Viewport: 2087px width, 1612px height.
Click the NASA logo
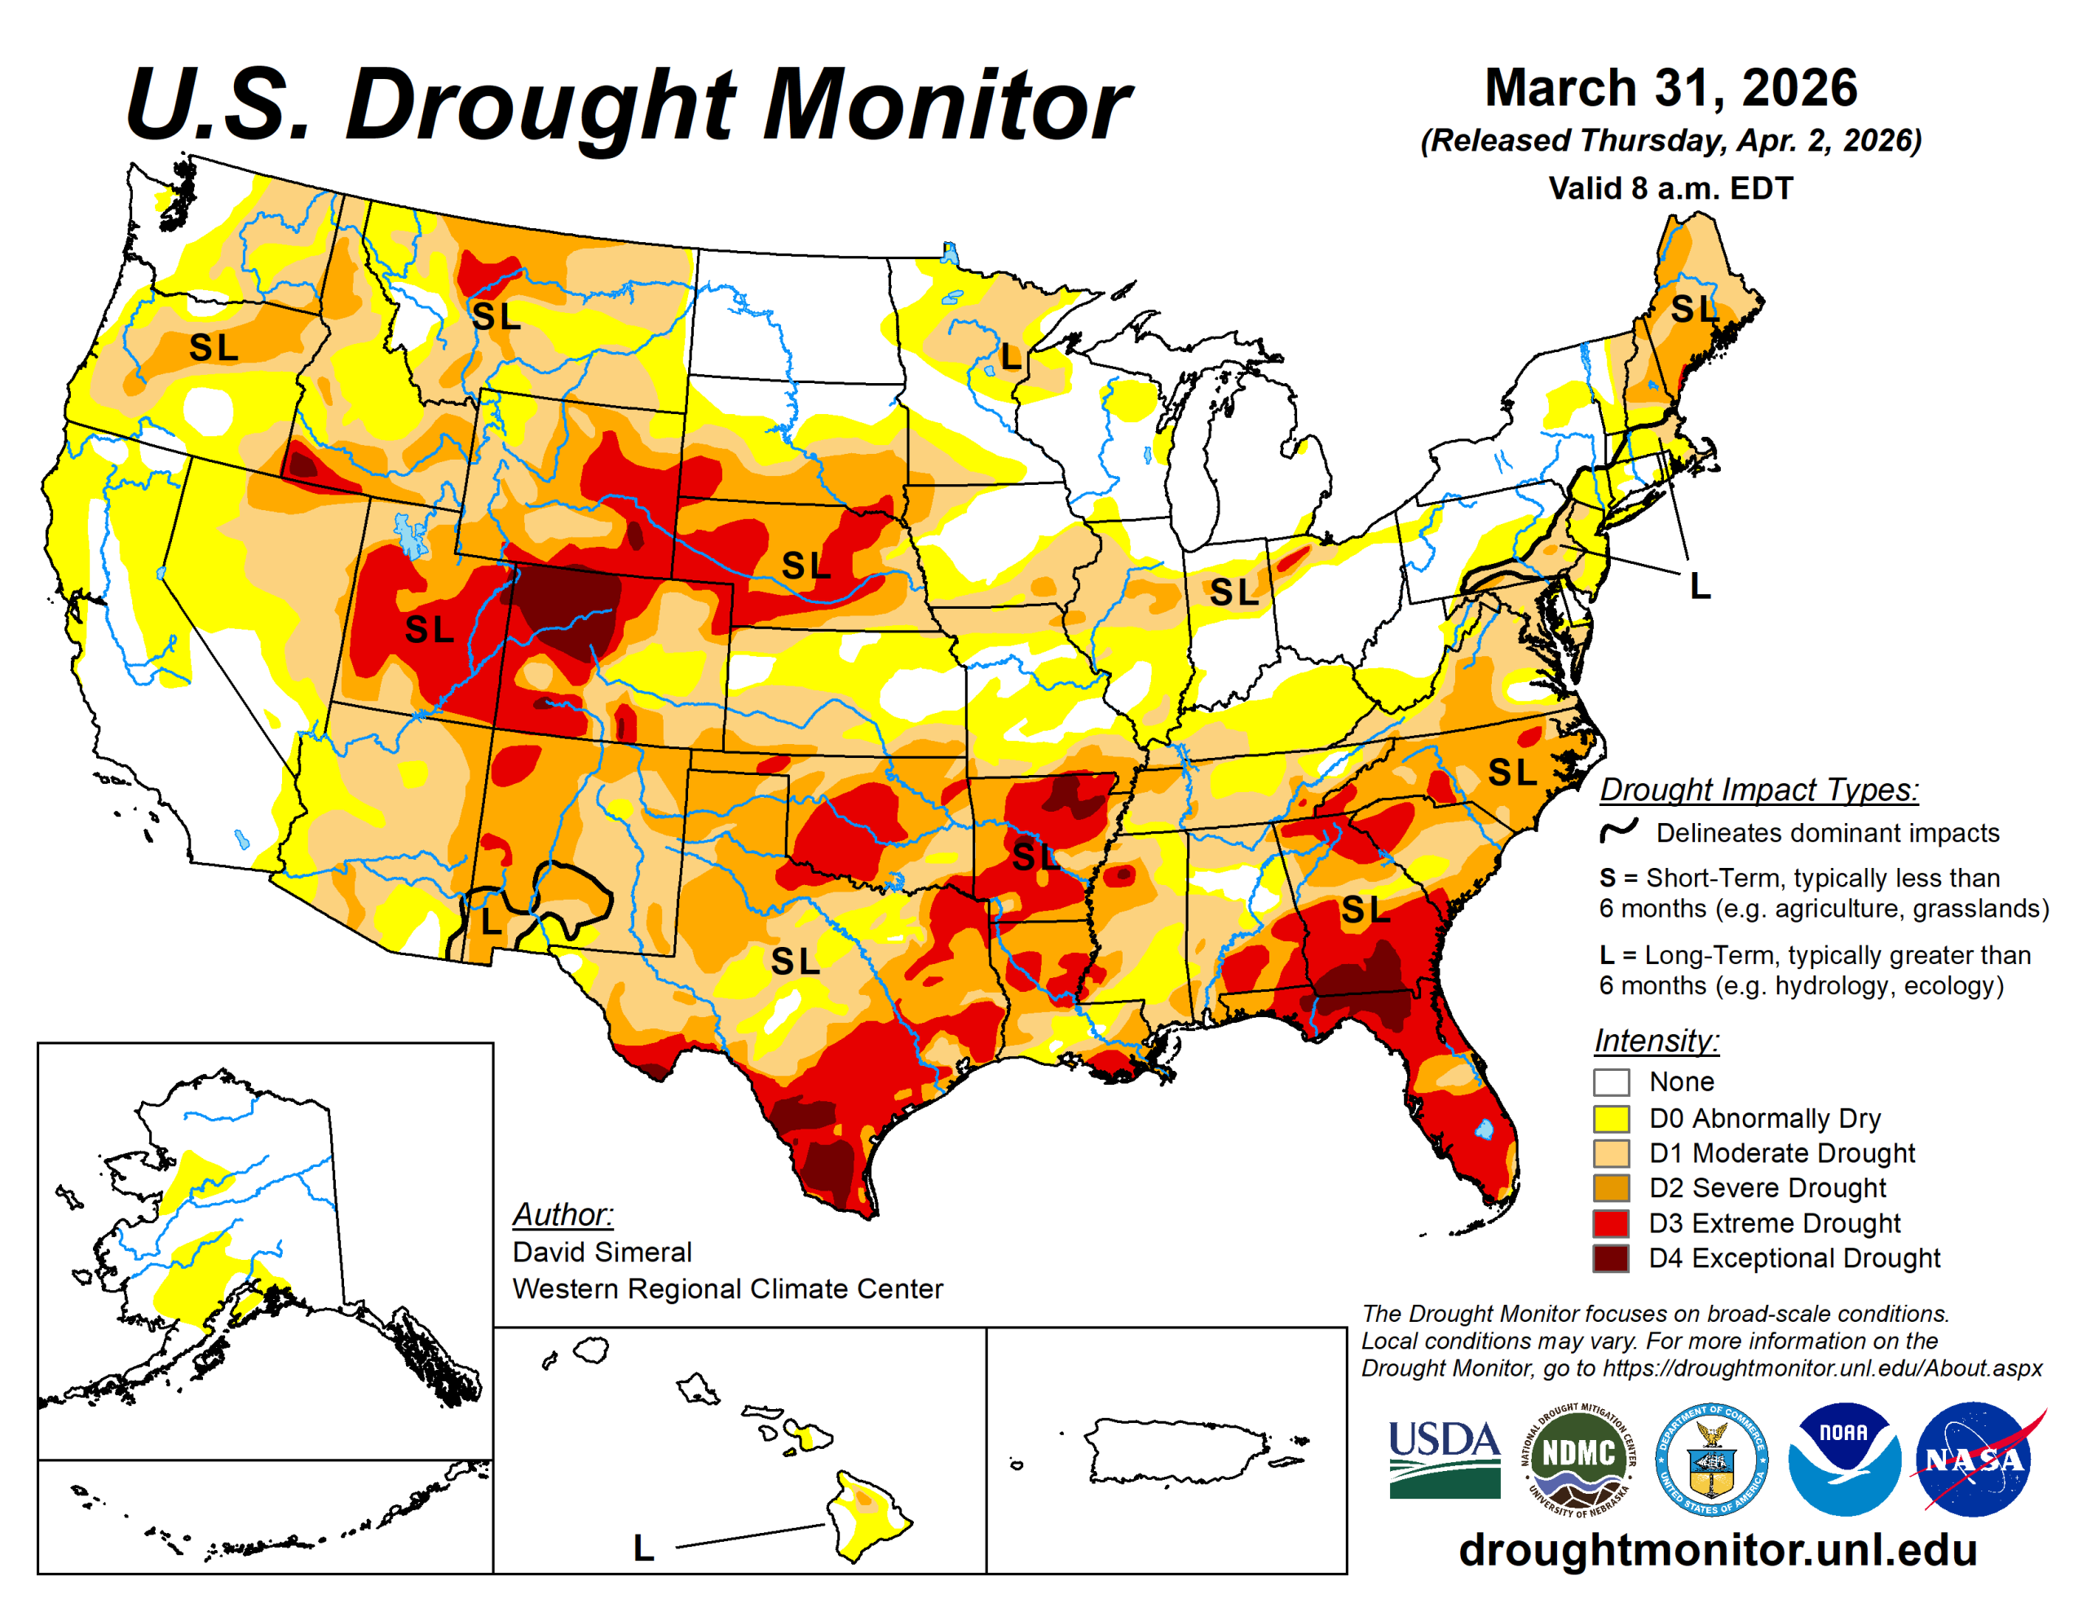1971,1458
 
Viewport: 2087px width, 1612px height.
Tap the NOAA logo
1842,1458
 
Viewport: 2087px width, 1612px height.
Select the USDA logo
1444,1458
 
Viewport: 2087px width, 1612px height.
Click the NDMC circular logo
1578,1458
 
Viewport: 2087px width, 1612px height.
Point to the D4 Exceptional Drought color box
1611,1258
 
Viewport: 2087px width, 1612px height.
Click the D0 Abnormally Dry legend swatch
1611,1118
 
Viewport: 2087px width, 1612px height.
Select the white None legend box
1611,1082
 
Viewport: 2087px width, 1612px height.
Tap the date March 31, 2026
1670,88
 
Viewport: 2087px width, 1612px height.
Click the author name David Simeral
602,1252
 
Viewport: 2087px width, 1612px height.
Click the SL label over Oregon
213,349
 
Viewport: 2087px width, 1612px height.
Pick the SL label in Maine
1694,309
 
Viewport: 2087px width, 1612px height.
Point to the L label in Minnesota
1011,358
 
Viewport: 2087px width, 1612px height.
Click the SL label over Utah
429,630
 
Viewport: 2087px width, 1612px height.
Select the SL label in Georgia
1365,910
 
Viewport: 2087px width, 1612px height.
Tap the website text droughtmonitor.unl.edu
1717,1550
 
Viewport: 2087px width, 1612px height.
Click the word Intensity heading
1656,1040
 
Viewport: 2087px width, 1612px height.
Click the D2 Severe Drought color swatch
1611,1187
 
